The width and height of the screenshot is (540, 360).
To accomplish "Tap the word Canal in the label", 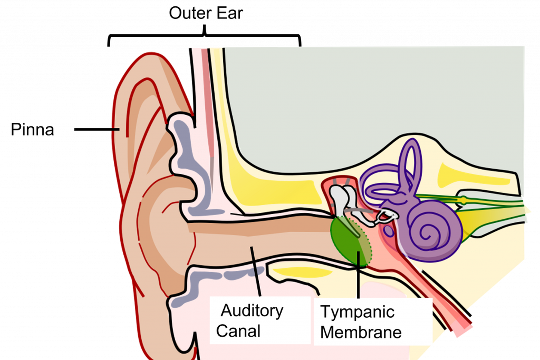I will point(238,331).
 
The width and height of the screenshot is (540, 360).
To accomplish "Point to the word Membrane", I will point(361,333).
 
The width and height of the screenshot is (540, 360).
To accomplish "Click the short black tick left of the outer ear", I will point(115,129).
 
